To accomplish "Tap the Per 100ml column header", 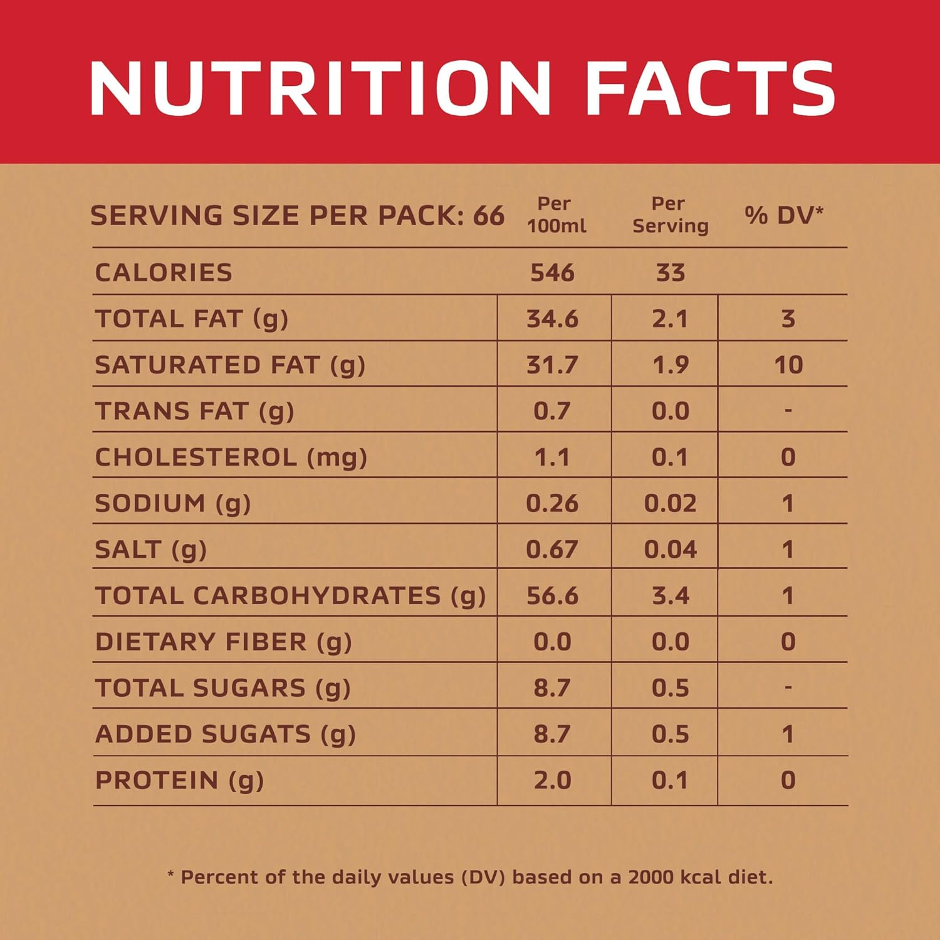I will click(x=556, y=215).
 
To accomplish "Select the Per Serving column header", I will click(x=670, y=215).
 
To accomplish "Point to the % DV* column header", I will click(x=783, y=215).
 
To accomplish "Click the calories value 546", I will click(x=552, y=273).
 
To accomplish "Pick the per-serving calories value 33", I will click(x=670, y=273).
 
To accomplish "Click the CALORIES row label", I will click(x=164, y=273).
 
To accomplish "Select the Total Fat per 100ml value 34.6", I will click(x=552, y=319).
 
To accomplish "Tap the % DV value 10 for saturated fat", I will click(x=788, y=365).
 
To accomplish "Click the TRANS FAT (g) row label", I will click(x=194, y=411).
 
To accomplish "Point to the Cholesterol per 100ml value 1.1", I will click(x=552, y=457).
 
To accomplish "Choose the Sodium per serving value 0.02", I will click(x=670, y=503).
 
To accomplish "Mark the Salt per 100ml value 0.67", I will click(x=552, y=550).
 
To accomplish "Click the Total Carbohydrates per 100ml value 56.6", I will click(x=552, y=595).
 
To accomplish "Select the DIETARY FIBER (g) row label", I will click(x=223, y=642).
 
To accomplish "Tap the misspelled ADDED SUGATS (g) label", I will click(x=225, y=734).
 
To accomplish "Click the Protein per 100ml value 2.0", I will click(x=552, y=780).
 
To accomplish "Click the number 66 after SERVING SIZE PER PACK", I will click(x=488, y=216).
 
